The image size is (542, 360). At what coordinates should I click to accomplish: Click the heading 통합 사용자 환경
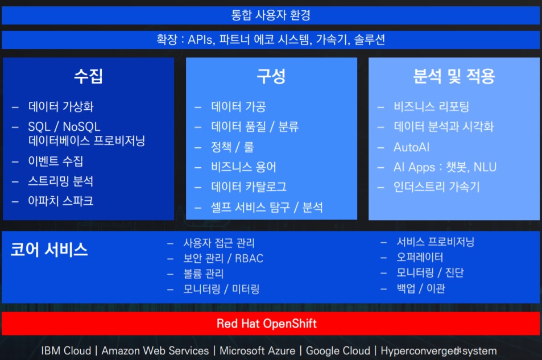click(x=271, y=15)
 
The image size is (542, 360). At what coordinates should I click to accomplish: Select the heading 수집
click(x=89, y=76)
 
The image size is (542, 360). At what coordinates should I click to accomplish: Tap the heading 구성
click(x=271, y=76)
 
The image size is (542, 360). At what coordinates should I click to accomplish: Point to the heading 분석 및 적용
click(x=454, y=76)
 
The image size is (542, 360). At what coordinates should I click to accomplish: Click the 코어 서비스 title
click(x=49, y=249)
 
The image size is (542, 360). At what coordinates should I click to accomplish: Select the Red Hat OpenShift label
click(x=267, y=324)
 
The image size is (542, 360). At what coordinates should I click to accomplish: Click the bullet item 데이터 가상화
click(x=61, y=106)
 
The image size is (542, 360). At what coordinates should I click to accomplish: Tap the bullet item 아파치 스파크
click(x=60, y=201)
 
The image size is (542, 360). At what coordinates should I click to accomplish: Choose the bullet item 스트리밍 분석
click(x=60, y=181)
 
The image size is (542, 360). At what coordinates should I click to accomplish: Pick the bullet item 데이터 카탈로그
click(x=249, y=187)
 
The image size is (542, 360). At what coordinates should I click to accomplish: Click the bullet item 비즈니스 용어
click(x=243, y=167)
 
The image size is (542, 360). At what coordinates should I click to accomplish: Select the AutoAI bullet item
click(x=411, y=147)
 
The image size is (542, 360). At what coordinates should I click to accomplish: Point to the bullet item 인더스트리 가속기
click(x=437, y=187)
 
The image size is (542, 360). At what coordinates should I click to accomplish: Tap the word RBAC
click(x=249, y=258)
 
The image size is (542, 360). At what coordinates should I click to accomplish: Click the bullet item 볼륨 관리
click(x=203, y=274)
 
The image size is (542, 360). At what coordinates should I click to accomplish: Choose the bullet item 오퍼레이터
click(x=420, y=257)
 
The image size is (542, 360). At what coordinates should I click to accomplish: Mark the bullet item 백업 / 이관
click(x=421, y=288)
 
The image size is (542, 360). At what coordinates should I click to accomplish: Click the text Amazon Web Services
click(x=155, y=351)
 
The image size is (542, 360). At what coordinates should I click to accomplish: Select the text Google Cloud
click(x=338, y=351)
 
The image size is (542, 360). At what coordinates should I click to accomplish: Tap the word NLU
click(x=485, y=167)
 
